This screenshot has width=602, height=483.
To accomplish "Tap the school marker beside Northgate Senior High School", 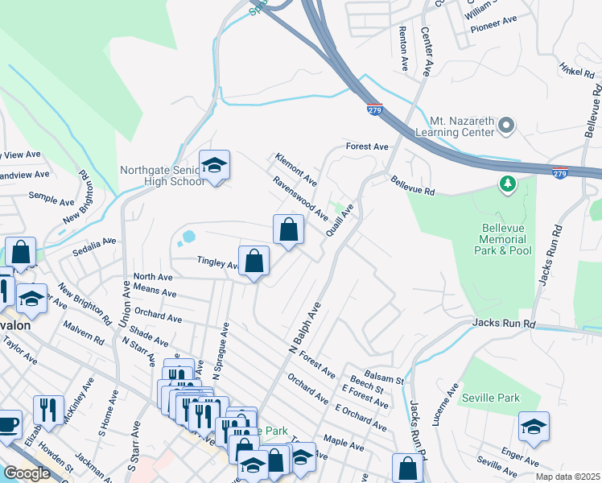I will (214, 166).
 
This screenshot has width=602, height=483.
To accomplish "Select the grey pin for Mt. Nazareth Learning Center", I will (506, 126).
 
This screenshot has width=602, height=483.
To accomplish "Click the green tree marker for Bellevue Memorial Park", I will (507, 185).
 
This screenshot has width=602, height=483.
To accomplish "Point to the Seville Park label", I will (490, 398).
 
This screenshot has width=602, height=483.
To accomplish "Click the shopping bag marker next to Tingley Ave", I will (254, 261).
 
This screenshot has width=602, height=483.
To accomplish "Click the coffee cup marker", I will (8, 423).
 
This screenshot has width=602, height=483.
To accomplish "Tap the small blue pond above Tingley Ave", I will (188, 237).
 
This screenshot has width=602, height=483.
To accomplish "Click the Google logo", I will (27, 473).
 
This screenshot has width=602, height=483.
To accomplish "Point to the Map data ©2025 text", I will (568, 477).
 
